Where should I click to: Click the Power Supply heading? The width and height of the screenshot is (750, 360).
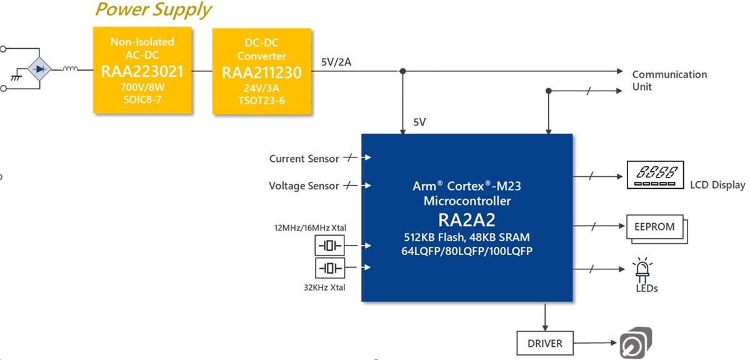[x=153, y=10]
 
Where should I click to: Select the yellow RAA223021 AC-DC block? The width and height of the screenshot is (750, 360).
[x=142, y=70]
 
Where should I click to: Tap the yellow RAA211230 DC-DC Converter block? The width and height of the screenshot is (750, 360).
[x=261, y=71]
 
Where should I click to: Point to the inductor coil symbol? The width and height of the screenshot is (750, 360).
[x=70, y=69]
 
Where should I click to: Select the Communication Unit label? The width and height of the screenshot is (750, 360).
[x=669, y=81]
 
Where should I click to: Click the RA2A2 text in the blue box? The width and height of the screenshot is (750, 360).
[x=467, y=219]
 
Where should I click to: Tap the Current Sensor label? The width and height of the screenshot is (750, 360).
[x=304, y=159]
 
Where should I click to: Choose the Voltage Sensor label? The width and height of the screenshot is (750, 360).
[x=304, y=186]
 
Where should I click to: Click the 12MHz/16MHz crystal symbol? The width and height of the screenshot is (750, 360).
[x=329, y=246]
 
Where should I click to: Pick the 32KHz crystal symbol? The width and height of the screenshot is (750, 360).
[x=329, y=268]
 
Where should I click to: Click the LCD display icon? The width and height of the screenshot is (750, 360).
[x=655, y=176]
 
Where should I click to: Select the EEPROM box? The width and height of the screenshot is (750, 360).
[x=654, y=227]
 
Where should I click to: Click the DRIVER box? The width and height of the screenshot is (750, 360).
[x=544, y=343]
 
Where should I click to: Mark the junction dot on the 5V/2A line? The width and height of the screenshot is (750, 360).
[x=402, y=71]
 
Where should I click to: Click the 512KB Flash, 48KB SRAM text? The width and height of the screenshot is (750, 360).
[x=467, y=237]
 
